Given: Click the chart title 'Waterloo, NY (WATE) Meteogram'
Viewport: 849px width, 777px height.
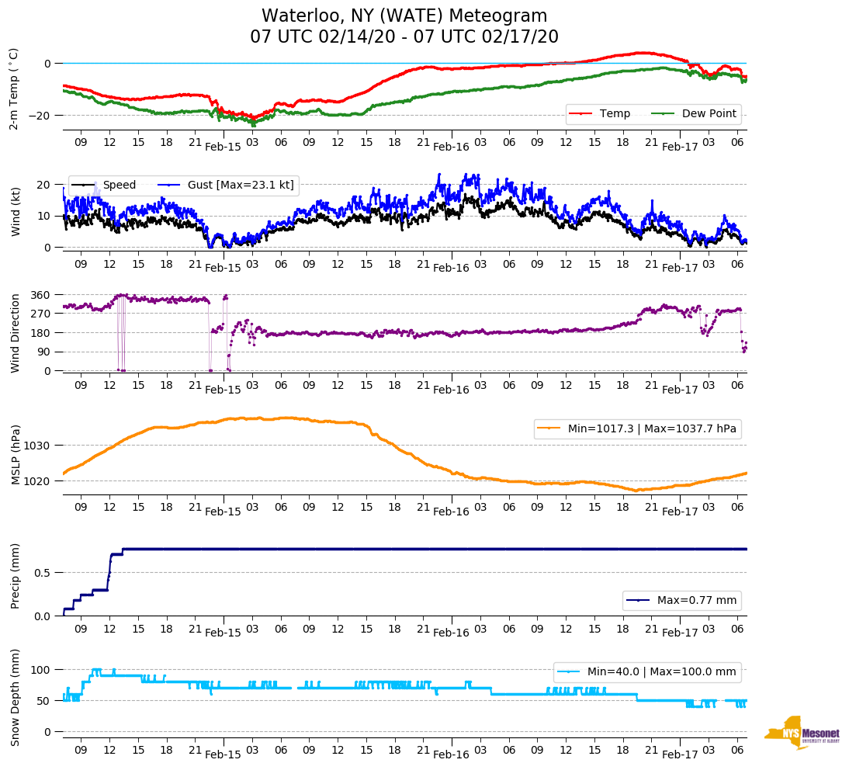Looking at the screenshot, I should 404,16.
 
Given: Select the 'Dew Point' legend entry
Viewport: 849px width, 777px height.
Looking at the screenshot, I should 709,113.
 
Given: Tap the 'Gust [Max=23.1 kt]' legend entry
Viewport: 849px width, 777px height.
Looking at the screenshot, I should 241,185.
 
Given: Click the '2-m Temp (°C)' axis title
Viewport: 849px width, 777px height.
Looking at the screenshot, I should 14,88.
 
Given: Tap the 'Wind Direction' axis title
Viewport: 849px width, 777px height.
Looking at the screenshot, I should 16,332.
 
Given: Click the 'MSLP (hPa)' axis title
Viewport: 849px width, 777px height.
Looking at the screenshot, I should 16,455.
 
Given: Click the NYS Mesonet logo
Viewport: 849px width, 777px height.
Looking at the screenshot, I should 802,732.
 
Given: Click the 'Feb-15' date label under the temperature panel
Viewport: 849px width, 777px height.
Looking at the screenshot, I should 223,147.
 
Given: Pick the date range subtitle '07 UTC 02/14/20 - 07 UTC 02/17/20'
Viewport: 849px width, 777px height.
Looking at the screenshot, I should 404,37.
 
